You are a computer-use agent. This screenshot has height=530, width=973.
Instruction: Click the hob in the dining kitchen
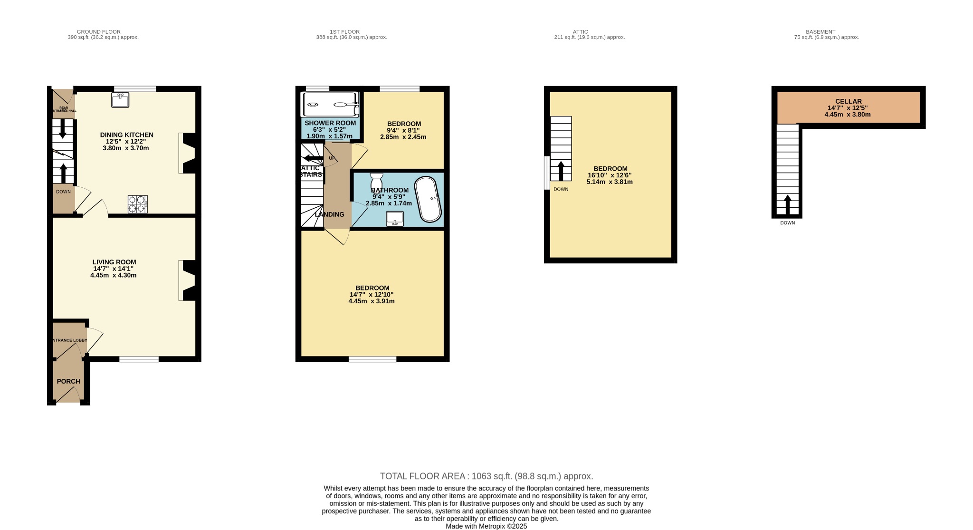[x=137, y=204]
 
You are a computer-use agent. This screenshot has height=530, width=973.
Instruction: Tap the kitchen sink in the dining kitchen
[x=120, y=100]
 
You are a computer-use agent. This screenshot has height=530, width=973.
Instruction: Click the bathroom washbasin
[x=395, y=219]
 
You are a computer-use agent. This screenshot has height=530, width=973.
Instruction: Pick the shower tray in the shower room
[x=330, y=105]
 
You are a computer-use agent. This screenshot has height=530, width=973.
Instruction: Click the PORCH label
[x=68, y=381]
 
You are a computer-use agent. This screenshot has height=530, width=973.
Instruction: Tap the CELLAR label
[x=848, y=101]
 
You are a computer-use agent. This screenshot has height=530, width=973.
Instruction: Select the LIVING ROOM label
[x=114, y=262]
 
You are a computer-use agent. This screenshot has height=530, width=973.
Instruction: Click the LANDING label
[x=329, y=214]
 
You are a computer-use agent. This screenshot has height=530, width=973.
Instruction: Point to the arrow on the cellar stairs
[x=787, y=204]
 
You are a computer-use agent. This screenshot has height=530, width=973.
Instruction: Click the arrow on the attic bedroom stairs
[x=561, y=171]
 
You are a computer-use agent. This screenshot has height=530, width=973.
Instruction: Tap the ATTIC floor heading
[x=580, y=32]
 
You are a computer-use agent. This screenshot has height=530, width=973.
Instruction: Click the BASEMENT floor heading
[x=820, y=32]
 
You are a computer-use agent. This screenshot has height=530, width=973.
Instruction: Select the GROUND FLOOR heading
[x=98, y=32]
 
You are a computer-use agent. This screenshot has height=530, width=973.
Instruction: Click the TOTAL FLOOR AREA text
[x=486, y=476]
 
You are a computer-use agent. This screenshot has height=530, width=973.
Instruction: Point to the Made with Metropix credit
[x=486, y=526]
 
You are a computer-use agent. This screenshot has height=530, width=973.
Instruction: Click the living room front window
[x=139, y=359]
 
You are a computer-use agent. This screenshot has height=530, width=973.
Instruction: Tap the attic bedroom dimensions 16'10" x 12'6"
[x=610, y=175]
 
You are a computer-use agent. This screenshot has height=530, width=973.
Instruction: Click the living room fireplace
[x=188, y=280]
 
